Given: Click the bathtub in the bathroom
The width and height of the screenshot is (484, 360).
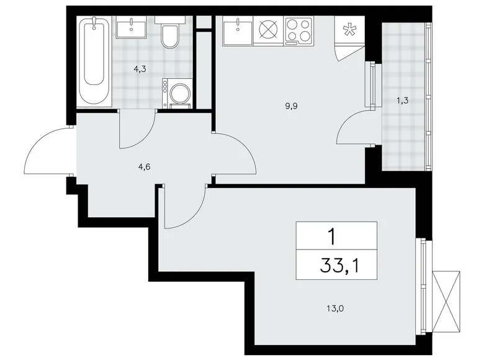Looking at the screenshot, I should (94, 62).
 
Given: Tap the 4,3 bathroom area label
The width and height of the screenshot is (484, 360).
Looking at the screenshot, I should (140, 70).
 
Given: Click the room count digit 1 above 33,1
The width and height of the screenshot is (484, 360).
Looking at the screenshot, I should (336, 236).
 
